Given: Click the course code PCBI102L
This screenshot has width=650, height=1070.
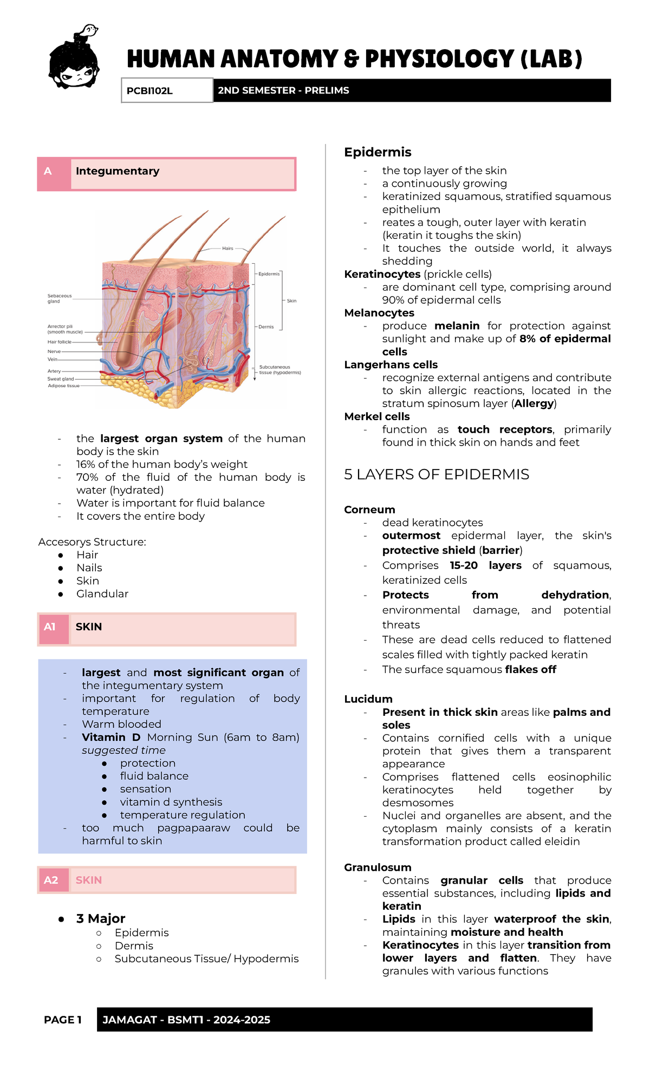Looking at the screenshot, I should coord(149,90).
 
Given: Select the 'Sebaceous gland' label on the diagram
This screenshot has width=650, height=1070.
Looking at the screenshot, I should coord(59,298).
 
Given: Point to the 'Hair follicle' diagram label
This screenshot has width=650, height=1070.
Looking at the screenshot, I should coord(59,342).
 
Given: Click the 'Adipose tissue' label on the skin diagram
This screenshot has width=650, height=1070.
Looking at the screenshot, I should coord(63,386).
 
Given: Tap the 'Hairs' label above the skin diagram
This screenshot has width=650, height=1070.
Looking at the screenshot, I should coord(227,249).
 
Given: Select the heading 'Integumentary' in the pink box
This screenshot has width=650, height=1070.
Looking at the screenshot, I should coord(118,171).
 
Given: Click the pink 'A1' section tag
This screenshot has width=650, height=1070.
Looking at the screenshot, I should coord(50,627).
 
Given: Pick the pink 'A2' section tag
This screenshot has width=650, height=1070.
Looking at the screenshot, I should coord(51,880).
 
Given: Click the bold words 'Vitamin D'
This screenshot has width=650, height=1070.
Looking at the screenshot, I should coord(111,737).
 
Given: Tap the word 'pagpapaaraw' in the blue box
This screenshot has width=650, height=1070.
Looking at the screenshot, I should coord(193,828).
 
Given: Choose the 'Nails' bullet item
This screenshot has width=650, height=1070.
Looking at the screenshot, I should coord(89,567).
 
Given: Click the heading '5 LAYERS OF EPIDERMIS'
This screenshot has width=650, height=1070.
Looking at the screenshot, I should coord(437,474).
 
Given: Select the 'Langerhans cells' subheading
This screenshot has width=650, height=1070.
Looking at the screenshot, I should coord(391,364).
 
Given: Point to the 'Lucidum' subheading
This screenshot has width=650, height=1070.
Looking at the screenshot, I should coord(368,699).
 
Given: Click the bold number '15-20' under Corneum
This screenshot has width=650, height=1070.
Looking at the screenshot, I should coord(464,565).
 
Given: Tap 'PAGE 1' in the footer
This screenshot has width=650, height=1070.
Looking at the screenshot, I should coord(63,1020).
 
